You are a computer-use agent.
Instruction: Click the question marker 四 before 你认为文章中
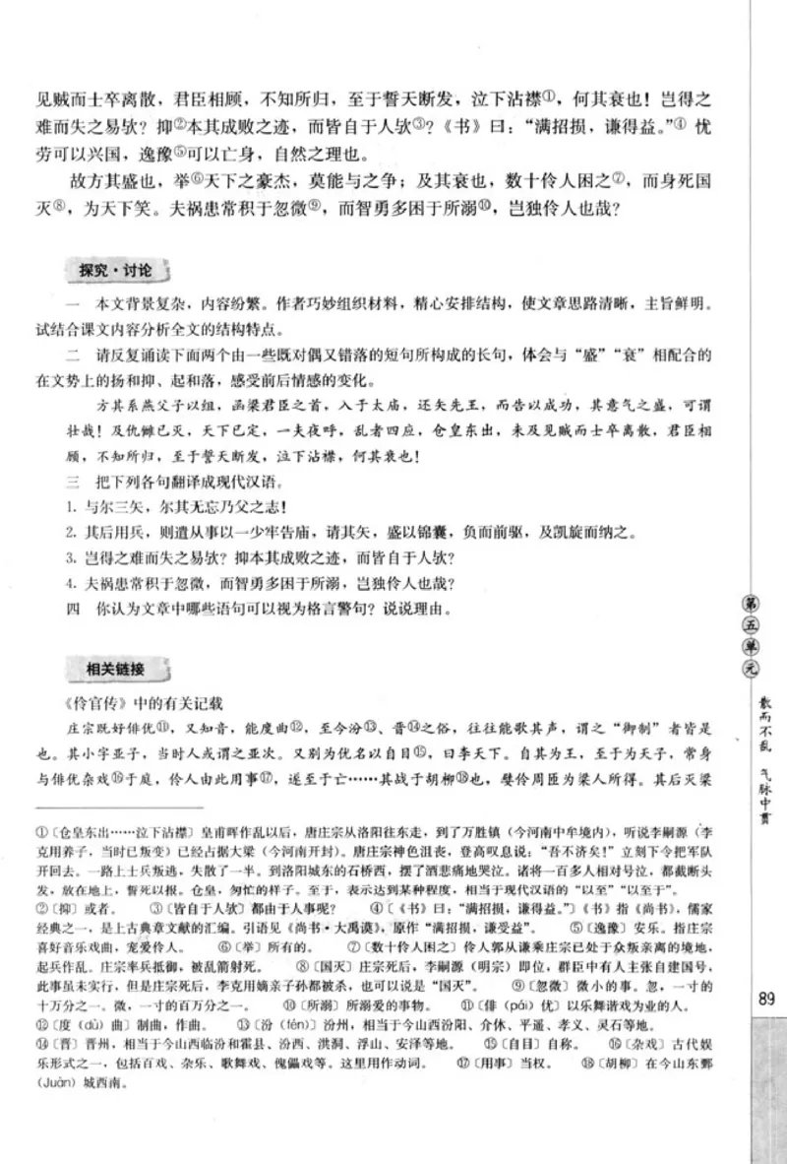tap(72, 607)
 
